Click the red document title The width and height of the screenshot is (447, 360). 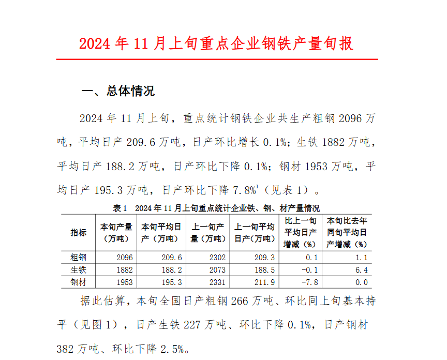point(216,43)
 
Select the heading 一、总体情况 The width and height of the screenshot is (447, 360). point(118,92)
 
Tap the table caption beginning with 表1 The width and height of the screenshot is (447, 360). point(216,208)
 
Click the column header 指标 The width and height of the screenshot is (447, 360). point(79,232)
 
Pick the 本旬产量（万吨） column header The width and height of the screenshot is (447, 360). point(116,232)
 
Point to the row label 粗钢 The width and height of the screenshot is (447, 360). point(79,257)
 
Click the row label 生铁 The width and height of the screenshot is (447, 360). point(79,270)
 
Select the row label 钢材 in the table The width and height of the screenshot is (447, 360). point(79,282)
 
